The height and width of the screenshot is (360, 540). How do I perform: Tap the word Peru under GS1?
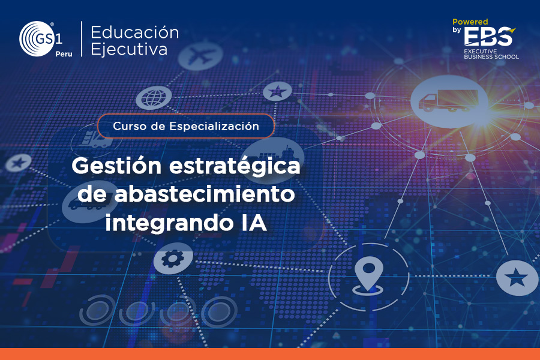point(64,54)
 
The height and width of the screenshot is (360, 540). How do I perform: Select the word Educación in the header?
point(134,33)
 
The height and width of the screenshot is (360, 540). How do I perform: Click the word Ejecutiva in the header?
point(129,49)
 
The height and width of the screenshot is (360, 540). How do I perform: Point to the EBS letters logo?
point(488,37)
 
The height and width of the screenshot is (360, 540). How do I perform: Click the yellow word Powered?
point(470,22)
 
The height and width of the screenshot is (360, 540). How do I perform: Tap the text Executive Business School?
point(491,54)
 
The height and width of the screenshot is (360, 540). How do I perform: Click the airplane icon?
point(200,56)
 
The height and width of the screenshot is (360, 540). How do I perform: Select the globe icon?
point(154,98)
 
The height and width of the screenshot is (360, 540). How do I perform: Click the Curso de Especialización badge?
point(186,126)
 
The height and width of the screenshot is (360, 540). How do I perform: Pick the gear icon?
point(173,259)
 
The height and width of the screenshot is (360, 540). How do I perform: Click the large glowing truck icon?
point(449,101)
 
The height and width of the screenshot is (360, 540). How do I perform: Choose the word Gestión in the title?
point(116,167)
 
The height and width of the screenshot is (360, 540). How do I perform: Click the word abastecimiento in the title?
point(205,194)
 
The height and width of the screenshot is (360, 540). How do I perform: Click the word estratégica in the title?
point(235,167)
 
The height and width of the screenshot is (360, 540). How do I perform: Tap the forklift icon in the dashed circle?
point(92,140)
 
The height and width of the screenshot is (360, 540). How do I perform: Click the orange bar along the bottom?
point(270,354)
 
